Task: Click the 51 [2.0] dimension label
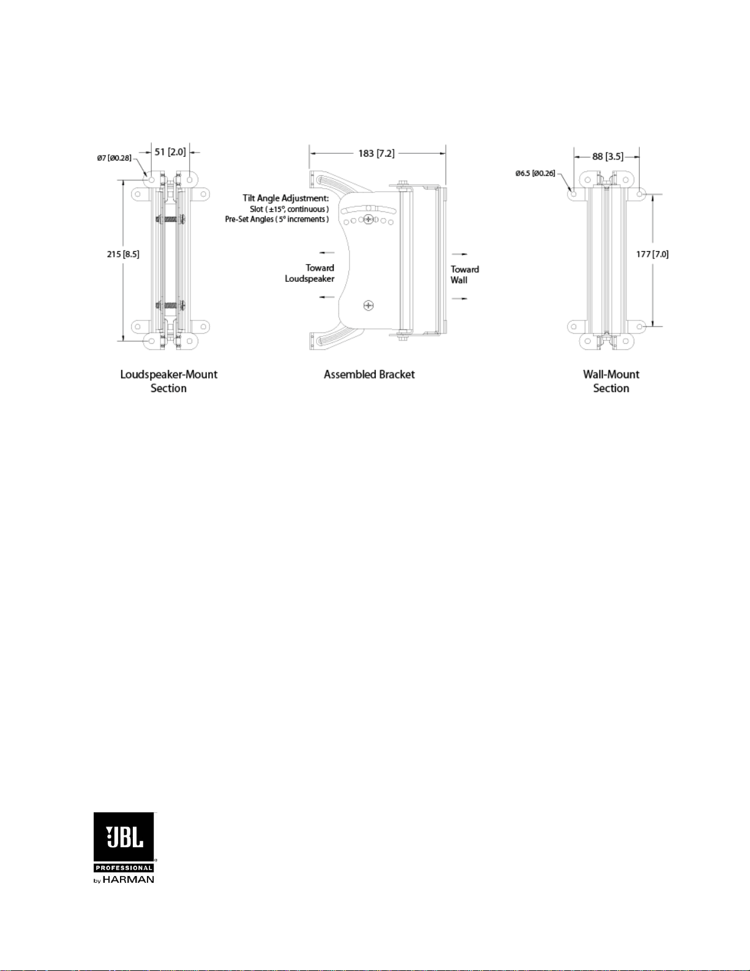click(x=170, y=152)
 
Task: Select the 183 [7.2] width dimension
click(x=377, y=153)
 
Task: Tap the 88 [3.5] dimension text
click(x=607, y=156)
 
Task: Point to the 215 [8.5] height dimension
click(x=123, y=254)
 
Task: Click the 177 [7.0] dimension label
click(x=652, y=254)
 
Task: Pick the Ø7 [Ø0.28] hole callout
click(x=114, y=157)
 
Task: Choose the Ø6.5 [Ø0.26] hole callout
click(x=535, y=173)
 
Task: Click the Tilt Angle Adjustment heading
click(x=286, y=198)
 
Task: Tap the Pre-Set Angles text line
click(x=277, y=219)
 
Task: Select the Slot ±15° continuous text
click(x=289, y=209)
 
